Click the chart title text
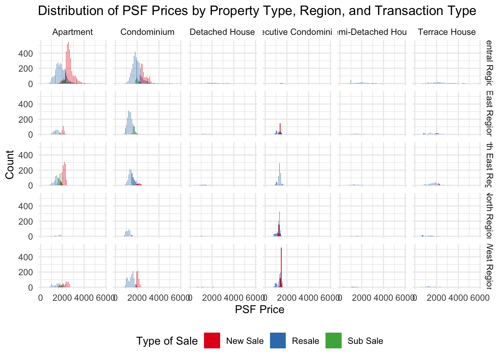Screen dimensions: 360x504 pyautogui.click(x=257, y=11)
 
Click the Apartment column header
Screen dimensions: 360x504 pyautogui.click(x=72, y=32)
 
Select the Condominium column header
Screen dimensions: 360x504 pyautogui.click(x=147, y=32)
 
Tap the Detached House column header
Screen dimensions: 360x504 pyautogui.click(x=222, y=32)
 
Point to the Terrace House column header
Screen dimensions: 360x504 pyautogui.click(x=447, y=32)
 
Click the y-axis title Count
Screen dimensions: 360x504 pyautogui.click(x=10, y=165)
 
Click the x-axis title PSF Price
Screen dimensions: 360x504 pyautogui.click(x=259, y=309)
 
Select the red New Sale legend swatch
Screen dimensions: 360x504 pyautogui.click(x=212, y=340)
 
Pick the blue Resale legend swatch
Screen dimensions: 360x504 pyautogui.click(x=278, y=340)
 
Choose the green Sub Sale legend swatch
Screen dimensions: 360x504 pyautogui.click(x=334, y=340)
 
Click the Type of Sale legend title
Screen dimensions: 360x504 pyautogui.click(x=167, y=341)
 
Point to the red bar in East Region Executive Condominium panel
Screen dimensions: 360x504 pyautogui.click(x=280, y=129)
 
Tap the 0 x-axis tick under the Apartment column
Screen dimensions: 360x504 pyautogui.click(x=40, y=298)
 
